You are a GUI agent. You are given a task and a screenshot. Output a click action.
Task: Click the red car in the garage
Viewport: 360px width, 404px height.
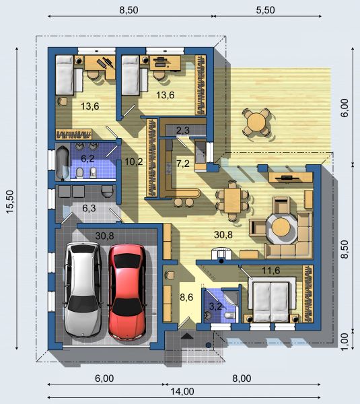127,292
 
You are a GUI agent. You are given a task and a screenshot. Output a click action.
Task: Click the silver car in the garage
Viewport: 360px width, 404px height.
82,290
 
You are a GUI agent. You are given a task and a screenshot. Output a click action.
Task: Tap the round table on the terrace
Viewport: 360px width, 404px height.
256,122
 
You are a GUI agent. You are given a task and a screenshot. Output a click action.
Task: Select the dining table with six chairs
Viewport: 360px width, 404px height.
232,201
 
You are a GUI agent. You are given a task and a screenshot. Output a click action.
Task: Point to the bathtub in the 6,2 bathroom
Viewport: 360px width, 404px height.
63,163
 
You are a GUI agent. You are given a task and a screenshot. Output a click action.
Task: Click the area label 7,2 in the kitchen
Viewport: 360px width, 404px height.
183,164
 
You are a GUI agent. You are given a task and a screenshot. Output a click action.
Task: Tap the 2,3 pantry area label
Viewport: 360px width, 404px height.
183,131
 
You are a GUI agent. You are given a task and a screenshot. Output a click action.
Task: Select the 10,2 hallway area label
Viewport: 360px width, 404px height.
134,162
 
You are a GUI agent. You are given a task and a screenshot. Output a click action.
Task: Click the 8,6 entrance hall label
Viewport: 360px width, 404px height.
186,298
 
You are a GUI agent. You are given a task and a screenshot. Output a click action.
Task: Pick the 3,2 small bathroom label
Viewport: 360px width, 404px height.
215,306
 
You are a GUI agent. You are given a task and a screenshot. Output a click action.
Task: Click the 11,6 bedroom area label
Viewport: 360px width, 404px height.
271,271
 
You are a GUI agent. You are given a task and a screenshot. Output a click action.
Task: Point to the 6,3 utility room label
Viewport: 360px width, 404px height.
89,208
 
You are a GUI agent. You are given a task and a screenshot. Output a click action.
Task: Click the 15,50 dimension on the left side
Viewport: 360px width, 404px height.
9,201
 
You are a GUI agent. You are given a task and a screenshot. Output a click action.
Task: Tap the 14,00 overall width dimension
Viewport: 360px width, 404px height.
182,392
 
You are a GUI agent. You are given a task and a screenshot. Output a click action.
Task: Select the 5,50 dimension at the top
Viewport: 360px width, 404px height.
266,10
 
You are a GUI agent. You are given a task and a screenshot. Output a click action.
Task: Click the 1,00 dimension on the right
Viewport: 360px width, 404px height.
345,341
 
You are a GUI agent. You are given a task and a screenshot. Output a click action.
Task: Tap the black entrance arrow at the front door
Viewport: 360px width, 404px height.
187,336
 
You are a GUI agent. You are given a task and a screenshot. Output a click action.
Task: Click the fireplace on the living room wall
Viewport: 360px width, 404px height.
221,254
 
